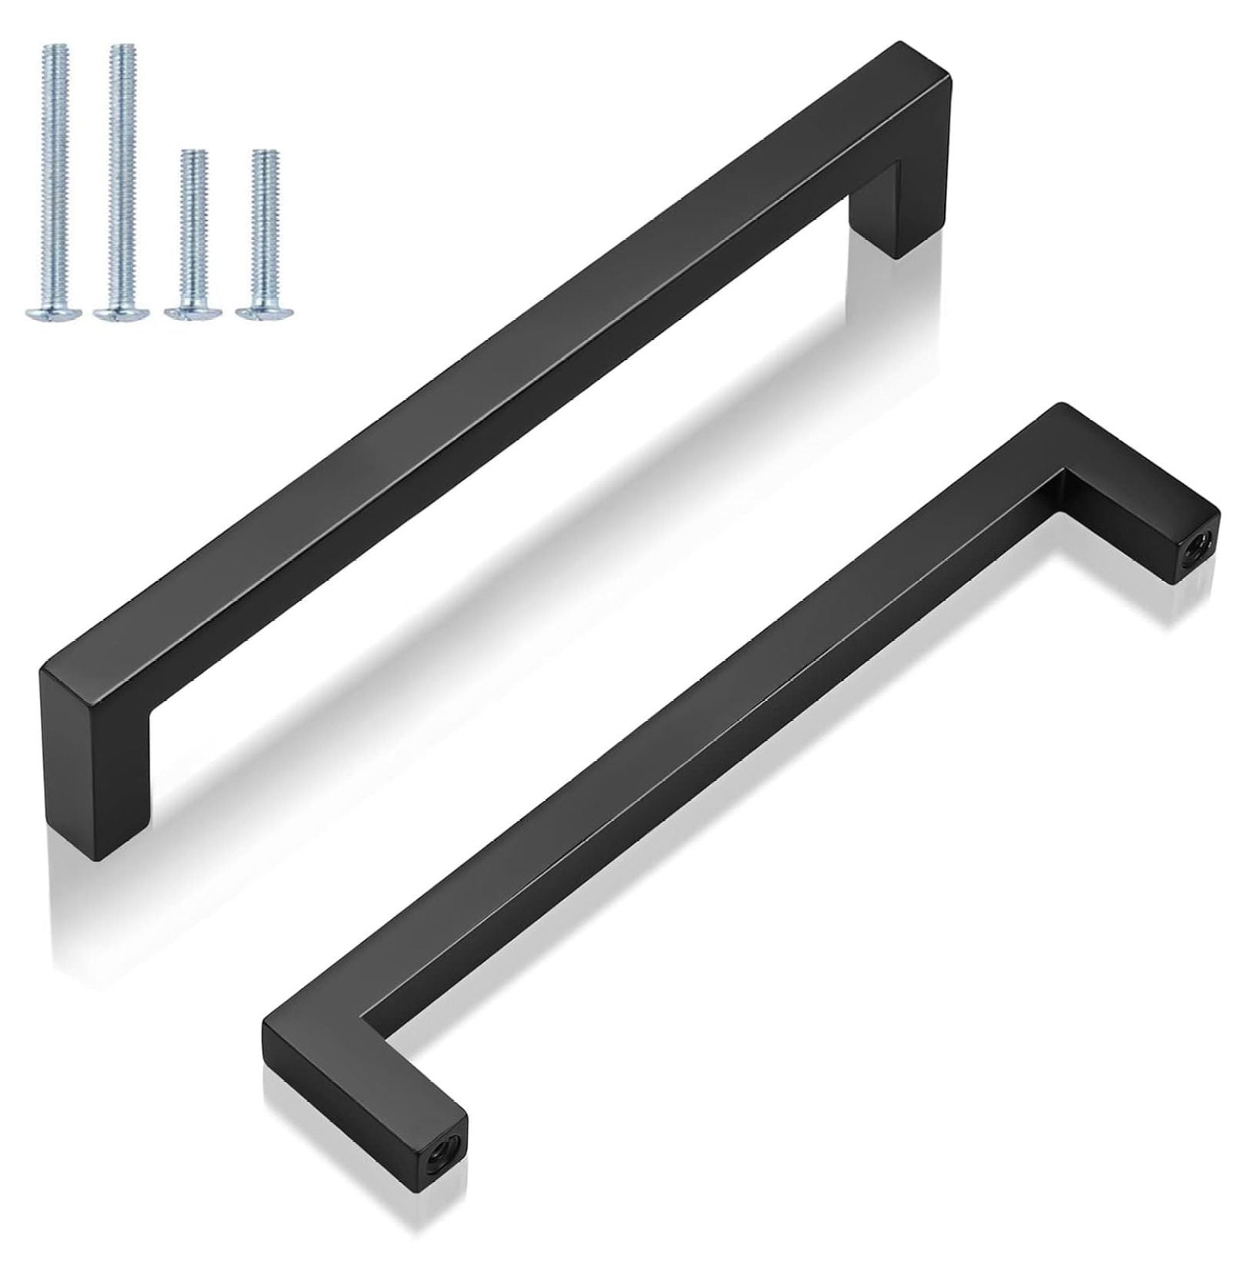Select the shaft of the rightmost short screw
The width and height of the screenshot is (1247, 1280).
point(265,224)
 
